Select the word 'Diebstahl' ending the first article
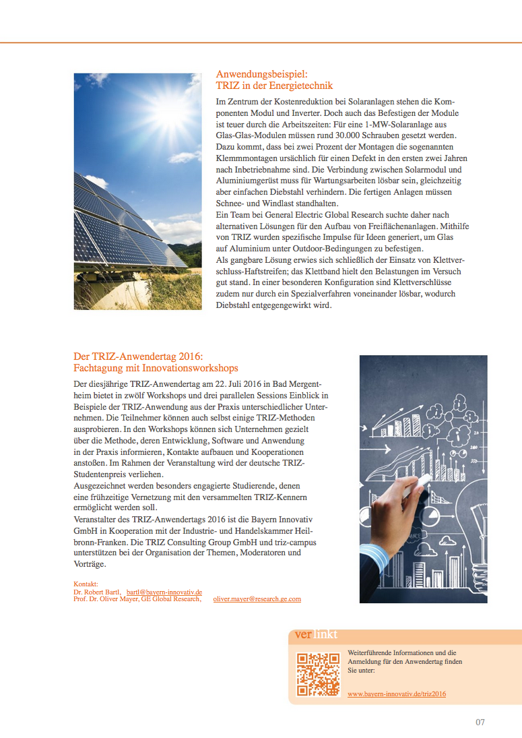point(236,306)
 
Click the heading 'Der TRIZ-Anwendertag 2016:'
point(138,357)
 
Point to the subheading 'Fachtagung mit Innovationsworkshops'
point(156,369)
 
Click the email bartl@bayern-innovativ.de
point(164,591)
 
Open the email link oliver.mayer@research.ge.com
point(257,598)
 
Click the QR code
point(318,675)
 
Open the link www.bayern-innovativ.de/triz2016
point(397,694)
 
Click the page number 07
point(480,722)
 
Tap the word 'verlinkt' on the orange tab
point(316,635)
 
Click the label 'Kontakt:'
point(86,584)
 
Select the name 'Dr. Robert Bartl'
point(97,591)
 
